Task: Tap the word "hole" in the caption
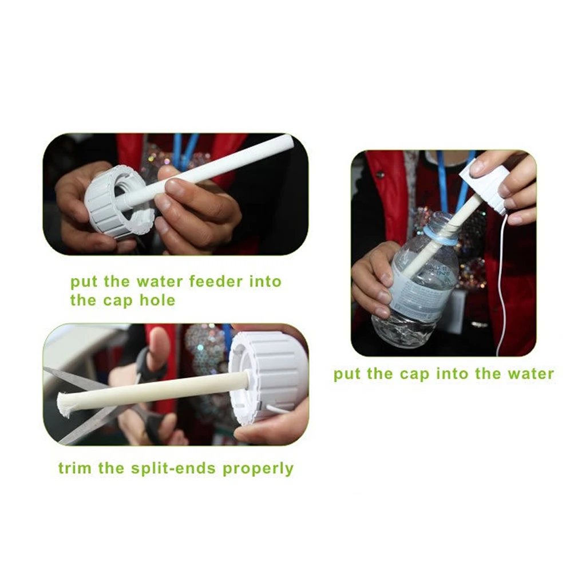point(157,300)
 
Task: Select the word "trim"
point(75,468)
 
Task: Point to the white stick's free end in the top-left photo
point(286,142)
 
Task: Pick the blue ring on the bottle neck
point(439,236)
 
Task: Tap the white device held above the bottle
point(486,183)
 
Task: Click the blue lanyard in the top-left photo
point(184,150)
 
